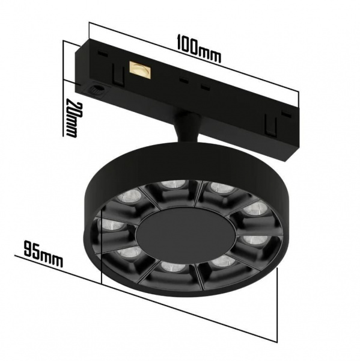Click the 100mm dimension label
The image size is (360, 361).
(199, 49)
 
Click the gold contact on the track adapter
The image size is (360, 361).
(141, 71)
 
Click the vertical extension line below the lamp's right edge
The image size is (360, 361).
(278, 301)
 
